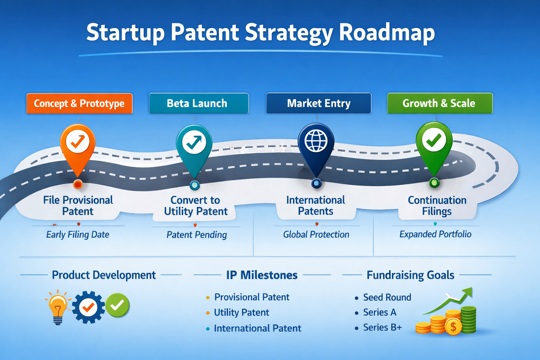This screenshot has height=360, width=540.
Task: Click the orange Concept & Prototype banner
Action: tap(79, 103)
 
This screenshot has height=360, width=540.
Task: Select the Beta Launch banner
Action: tap(199, 103)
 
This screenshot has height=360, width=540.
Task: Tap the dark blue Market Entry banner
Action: tap(319, 103)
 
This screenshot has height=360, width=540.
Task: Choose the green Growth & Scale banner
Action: tap(439, 103)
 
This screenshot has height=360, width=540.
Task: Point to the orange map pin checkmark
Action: tap(78, 142)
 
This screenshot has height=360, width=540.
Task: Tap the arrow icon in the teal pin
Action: tap(194, 142)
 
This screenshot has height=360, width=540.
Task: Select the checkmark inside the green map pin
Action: tap(434, 140)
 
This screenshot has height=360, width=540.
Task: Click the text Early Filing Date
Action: tap(78, 234)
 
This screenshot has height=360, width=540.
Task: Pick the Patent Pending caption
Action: tap(197, 234)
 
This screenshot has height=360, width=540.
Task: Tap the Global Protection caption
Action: tap(316, 234)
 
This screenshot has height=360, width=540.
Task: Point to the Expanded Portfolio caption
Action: tap(435, 234)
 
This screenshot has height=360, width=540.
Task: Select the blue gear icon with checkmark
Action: tap(88, 307)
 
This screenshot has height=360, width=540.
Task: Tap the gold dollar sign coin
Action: tap(453, 327)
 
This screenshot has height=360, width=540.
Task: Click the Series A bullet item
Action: tap(379, 312)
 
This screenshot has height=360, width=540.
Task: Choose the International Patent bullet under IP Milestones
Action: tap(257, 328)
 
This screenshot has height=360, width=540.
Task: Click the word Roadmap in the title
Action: tap(387, 33)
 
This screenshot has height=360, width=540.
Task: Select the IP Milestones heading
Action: tap(262, 275)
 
